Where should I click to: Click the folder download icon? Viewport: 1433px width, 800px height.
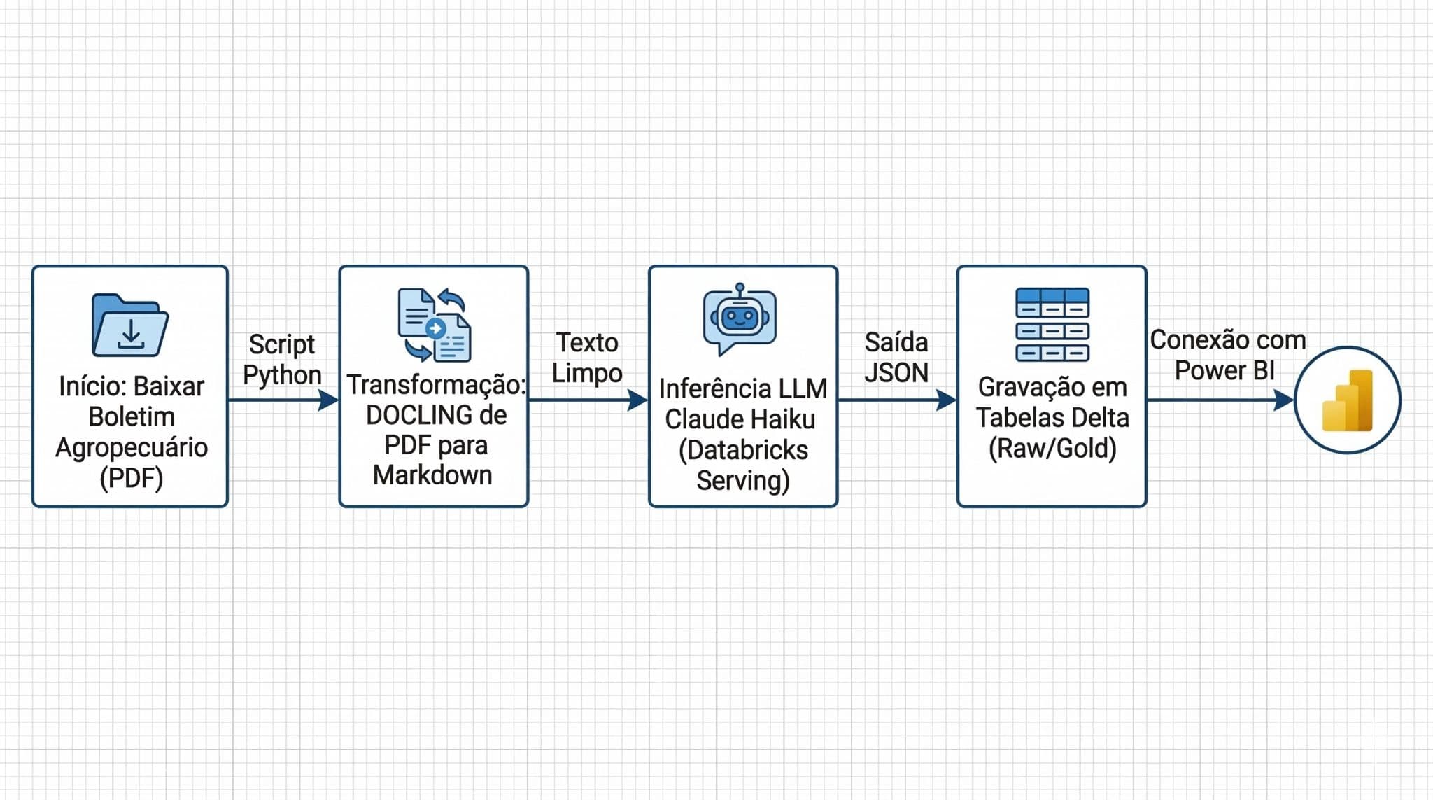pyautogui.click(x=129, y=325)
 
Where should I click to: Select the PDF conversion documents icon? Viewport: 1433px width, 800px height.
pyautogui.click(x=434, y=325)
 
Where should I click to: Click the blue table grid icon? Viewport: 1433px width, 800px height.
pyautogui.click(x=1052, y=325)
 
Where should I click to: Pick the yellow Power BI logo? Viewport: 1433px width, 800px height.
pyautogui.click(x=1347, y=401)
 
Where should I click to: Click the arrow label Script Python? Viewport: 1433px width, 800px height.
pyautogui.click(x=282, y=360)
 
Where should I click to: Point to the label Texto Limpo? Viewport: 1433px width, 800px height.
pyautogui.click(x=587, y=358)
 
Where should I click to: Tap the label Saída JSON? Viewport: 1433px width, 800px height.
pyautogui.click(x=896, y=358)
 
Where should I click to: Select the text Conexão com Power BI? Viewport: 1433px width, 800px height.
pyautogui.click(x=1227, y=355)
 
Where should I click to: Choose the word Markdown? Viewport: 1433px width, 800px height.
pyautogui.click(x=432, y=475)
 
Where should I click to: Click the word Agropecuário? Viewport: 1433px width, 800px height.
pyautogui.click(x=132, y=448)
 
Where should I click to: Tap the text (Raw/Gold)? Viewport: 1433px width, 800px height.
pyautogui.click(x=1052, y=449)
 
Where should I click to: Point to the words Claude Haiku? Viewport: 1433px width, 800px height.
pyautogui.click(x=740, y=420)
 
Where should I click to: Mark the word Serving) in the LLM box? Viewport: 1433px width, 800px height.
pyautogui.click(x=742, y=481)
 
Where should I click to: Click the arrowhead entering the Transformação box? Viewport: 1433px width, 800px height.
pyautogui.click(x=328, y=400)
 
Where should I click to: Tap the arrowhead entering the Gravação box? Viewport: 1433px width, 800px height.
pyautogui.click(x=946, y=400)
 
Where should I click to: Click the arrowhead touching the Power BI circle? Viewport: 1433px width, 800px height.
pyautogui.click(x=1283, y=400)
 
